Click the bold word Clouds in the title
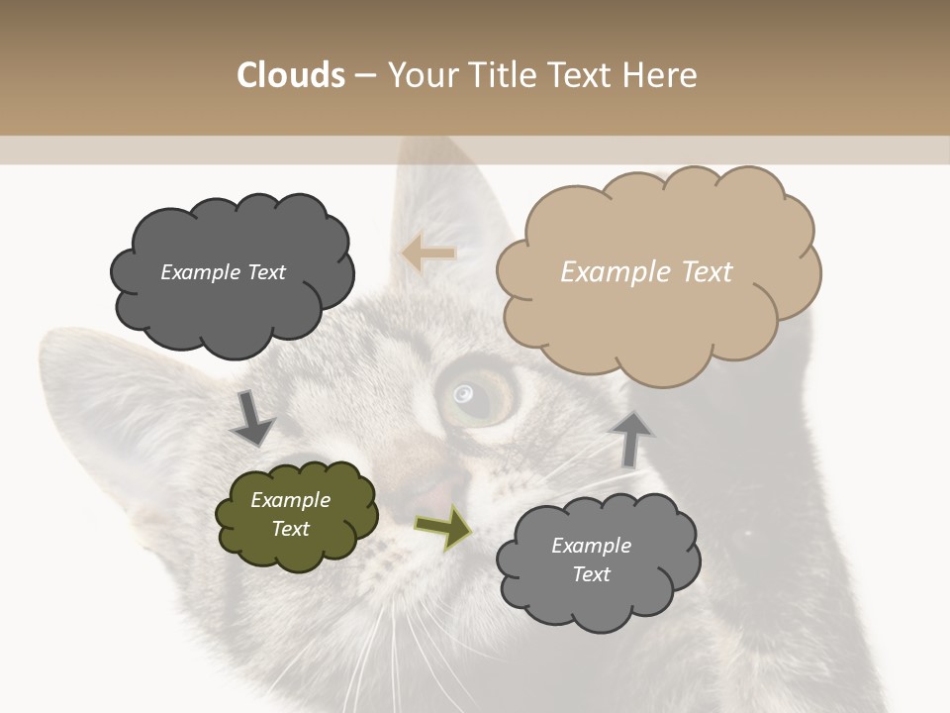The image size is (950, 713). [x=290, y=75]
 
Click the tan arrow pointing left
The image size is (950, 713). [x=428, y=254]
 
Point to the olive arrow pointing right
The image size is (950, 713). [x=443, y=528]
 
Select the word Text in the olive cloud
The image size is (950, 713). [x=291, y=529]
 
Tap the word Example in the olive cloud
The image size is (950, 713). [x=291, y=500]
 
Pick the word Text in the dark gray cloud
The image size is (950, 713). [x=265, y=272]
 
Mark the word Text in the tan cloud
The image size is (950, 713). [x=707, y=272]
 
